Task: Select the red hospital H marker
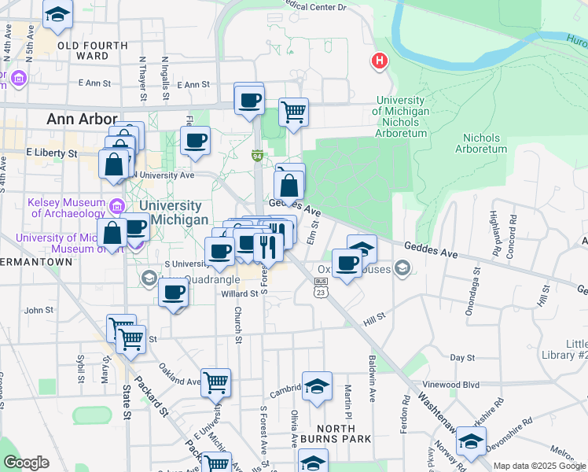click(380, 61)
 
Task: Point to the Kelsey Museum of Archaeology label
click(66, 208)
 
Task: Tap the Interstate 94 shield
click(256, 156)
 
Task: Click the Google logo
click(26, 463)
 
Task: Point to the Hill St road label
click(374, 316)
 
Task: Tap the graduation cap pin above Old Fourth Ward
click(57, 14)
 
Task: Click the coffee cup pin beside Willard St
click(174, 293)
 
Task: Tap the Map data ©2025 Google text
click(539, 466)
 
